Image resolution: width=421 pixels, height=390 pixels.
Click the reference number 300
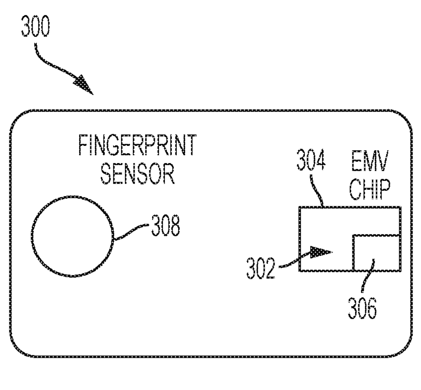(x=35, y=26)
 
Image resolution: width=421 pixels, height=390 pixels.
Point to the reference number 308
(x=165, y=225)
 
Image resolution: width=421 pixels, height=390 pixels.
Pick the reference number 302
(x=261, y=268)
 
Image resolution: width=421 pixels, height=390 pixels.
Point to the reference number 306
(x=362, y=308)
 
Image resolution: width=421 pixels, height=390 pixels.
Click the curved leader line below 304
(x=317, y=191)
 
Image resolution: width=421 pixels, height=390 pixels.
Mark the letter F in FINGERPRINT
(x=83, y=145)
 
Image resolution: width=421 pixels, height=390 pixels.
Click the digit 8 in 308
(x=175, y=226)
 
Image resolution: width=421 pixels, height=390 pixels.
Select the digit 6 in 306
(x=372, y=308)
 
